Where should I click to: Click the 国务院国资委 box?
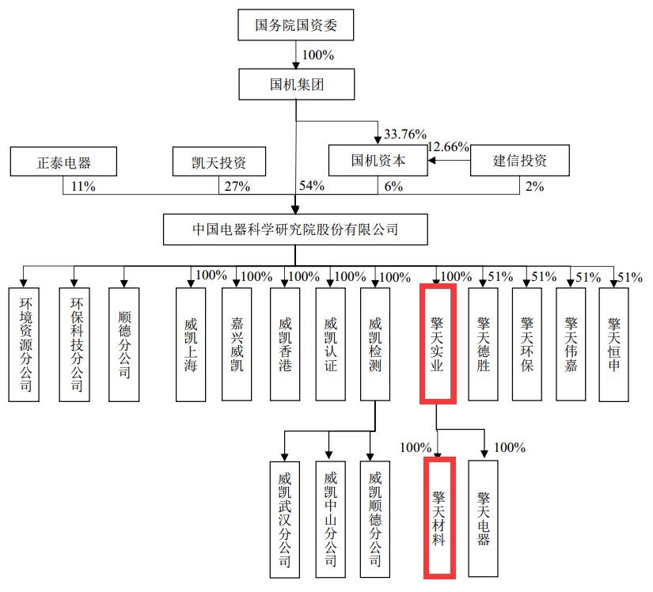[x=295, y=25]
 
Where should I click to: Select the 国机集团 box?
[x=295, y=83]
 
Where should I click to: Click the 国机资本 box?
[x=378, y=161]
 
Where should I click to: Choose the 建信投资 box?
[x=519, y=161]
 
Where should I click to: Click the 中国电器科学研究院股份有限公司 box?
[x=295, y=230]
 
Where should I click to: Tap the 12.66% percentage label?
[x=449, y=146]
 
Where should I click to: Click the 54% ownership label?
[x=313, y=187]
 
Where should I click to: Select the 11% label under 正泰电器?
[x=82, y=187]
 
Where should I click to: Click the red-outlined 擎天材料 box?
[x=438, y=516]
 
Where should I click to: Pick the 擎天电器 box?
[x=483, y=518]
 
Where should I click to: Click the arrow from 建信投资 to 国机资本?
[x=450, y=161]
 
